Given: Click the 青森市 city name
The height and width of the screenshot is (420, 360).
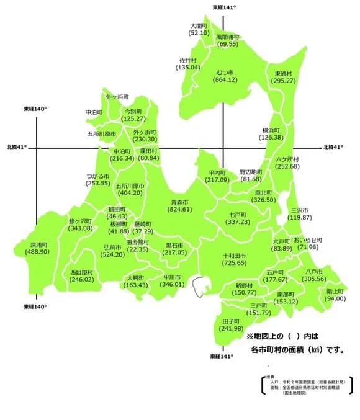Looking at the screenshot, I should [x=181, y=202].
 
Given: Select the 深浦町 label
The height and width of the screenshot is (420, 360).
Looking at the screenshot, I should [x=38, y=244].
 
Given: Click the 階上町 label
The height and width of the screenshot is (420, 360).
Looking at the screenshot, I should [x=335, y=290].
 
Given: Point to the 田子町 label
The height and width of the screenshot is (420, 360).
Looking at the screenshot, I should [x=231, y=321].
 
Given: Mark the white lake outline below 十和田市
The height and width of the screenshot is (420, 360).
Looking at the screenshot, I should [x=200, y=287].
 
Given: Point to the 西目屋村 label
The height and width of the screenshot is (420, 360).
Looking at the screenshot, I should [x=81, y=272].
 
